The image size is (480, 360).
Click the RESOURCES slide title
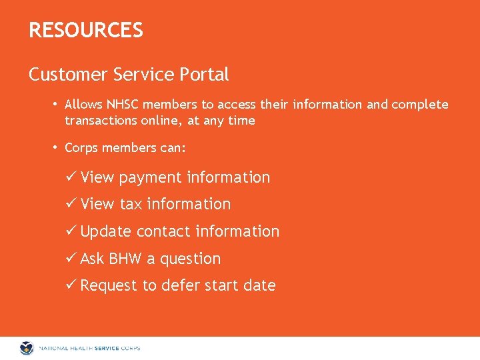pos(85,30)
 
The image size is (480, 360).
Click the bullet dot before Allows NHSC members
pos(57,105)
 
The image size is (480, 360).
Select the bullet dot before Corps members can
pos(57,148)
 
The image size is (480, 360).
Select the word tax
pos(131,204)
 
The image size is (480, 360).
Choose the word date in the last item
pos(259,285)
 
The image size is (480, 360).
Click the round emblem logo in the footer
pos(27,347)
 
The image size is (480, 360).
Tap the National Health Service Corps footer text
pos(89,348)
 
